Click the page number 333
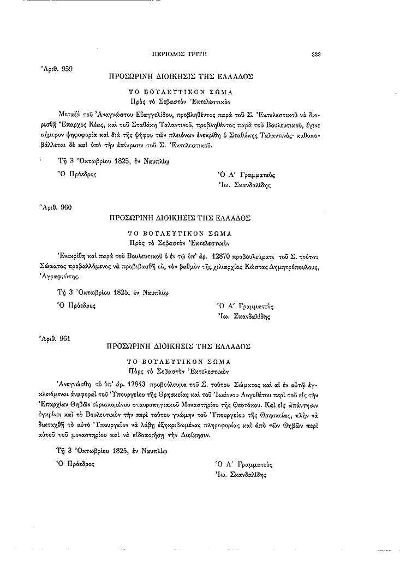coord(315,54)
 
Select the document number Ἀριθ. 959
coord(57,69)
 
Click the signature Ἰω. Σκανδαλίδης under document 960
coord(244,316)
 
